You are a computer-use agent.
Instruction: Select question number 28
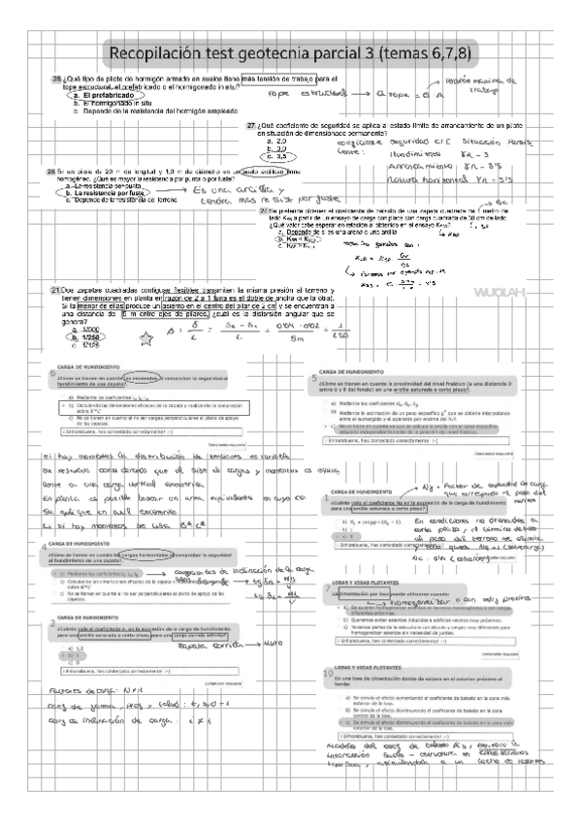tap(50, 172)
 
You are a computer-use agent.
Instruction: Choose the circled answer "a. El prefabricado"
tap(107, 97)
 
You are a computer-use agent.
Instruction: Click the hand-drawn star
tap(147, 338)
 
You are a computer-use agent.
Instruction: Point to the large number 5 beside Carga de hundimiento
tap(314, 377)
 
